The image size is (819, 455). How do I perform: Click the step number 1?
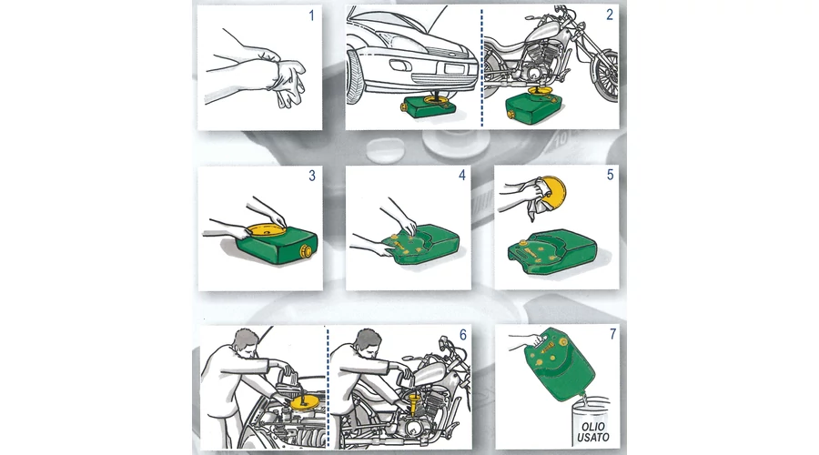(x=312, y=15)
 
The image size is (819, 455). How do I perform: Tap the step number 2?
(x=610, y=15)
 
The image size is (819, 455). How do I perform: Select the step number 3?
(x=312, y=176)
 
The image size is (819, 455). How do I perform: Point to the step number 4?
(x=461, y=175)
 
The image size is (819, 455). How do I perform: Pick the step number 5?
(x=610, y=175)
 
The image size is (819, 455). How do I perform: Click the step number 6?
(x=462, y=334)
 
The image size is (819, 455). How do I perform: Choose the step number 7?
(x=612, y=333)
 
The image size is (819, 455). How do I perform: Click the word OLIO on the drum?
(x=592, y=427)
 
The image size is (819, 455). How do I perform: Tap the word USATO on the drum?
(x=592, y=437)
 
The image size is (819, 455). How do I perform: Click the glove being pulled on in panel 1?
(x=288, y=83)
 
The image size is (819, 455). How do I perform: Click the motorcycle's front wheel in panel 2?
(x=605, y=76)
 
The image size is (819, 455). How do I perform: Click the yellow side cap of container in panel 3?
(x=305, y=251)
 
